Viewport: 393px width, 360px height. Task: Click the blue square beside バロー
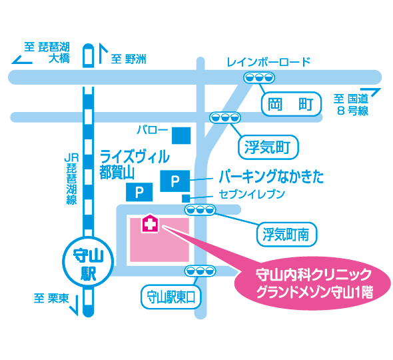pyautogui.click(x=181, y=135)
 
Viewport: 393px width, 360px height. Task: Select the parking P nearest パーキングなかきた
pyautogui.click(x=175, y=180)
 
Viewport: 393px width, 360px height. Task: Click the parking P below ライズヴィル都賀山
pyautogui.click(x=139, y=193)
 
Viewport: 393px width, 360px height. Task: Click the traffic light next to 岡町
pyautogui.click(x=256, y=77)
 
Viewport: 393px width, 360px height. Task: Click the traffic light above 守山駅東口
pyautogui.click(x=197, y=271)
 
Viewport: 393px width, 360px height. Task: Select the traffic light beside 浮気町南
pyautogui.click(x=201, y=211)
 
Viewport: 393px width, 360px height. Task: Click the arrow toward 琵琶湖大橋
pyautogui.click(x=23, y=61)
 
